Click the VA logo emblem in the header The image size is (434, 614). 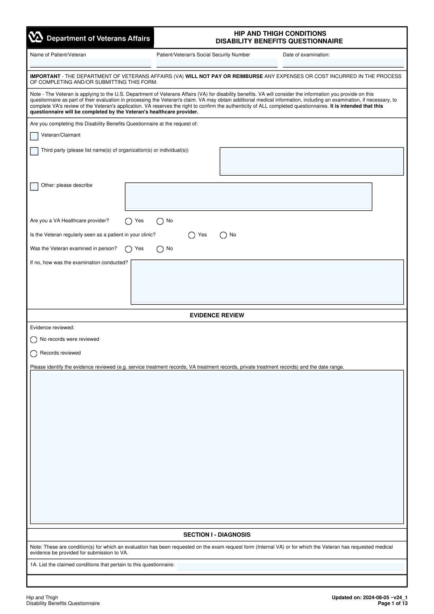(x=36, y=38)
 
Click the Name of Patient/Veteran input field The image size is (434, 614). (x=90, y=63)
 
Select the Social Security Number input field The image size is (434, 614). (x=217, y=63)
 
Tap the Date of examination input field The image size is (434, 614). (x=343, y=63)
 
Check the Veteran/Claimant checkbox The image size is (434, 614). (x=34, y=136)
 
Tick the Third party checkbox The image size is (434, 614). (x=34, y=151)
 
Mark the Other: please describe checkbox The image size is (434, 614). (x=34, y=186)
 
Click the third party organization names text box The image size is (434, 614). (x=311, y=161)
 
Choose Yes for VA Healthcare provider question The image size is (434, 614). (x=128, y=221)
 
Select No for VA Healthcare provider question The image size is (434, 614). (x=160, y=221)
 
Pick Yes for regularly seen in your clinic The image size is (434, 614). (x=192, y=235)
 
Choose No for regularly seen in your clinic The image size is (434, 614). (x=223, y=235)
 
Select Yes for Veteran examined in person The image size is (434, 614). (x=128, y=249)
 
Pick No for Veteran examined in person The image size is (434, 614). (x=160, y=249)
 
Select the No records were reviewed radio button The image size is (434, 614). (x=34, y=340)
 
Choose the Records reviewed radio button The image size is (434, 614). (x=34, y=353)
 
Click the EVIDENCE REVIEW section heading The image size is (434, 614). (x=217, y=315)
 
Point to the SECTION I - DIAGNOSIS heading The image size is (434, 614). (x=217, y=535)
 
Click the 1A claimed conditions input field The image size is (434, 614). (x=290, y=566)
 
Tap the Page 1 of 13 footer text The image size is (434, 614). (x=392, y=603)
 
